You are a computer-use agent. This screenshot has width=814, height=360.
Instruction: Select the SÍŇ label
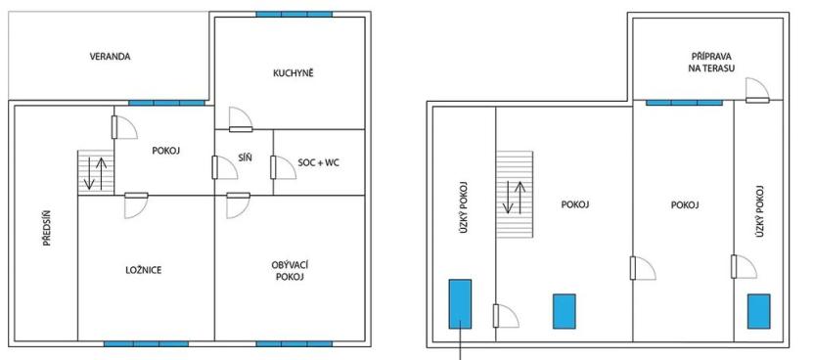[x=245, y=157]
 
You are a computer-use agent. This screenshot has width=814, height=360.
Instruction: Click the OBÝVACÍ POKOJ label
[x=293, y=271]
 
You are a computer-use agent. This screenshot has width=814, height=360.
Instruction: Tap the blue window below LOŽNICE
[x=146, y=344]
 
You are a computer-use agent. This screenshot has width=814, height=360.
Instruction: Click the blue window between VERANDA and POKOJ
[x=166, y=102]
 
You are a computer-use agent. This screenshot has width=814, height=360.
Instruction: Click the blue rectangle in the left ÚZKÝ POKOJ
[x=460, y=303]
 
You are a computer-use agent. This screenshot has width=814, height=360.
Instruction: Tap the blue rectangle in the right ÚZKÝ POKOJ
[x=759, y=312]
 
